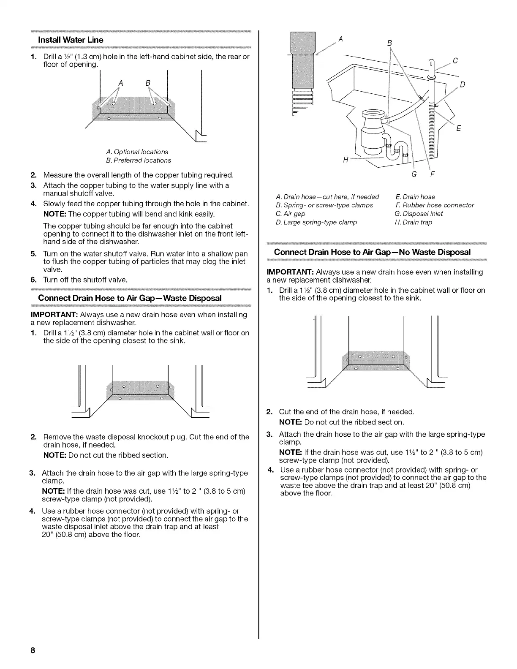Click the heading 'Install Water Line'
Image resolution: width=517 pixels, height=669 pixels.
tap(71, 40)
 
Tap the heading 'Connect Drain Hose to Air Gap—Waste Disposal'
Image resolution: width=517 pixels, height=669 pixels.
tap(130, 298)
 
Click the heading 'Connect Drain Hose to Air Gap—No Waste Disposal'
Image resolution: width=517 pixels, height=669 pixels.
tap(372, 252)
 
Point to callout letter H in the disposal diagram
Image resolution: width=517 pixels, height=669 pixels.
tap(346, 160)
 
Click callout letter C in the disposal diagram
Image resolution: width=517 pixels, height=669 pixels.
tap(455, 60)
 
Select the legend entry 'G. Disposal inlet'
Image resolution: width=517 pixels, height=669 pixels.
tap(419, 214)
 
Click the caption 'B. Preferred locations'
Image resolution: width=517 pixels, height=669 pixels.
tap(139, 160)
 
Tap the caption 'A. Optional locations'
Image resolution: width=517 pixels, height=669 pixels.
tap(137, 152)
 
